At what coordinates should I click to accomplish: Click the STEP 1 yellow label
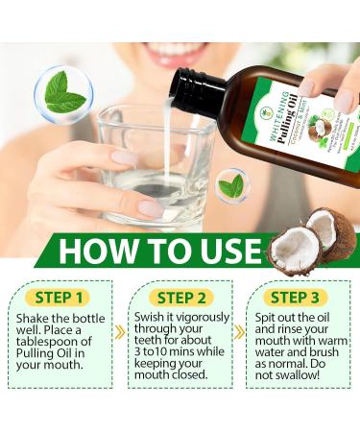tap(61, 297)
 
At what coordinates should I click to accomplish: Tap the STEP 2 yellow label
tap(182, 297)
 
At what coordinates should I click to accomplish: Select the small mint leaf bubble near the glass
tap(230, 185)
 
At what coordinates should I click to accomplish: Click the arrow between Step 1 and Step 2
tap(121, 332)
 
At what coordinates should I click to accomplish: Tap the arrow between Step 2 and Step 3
tap(239, 332)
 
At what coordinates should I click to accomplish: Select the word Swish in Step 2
tap(148, 318)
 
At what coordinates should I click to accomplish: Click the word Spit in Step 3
tap(268, 318)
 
